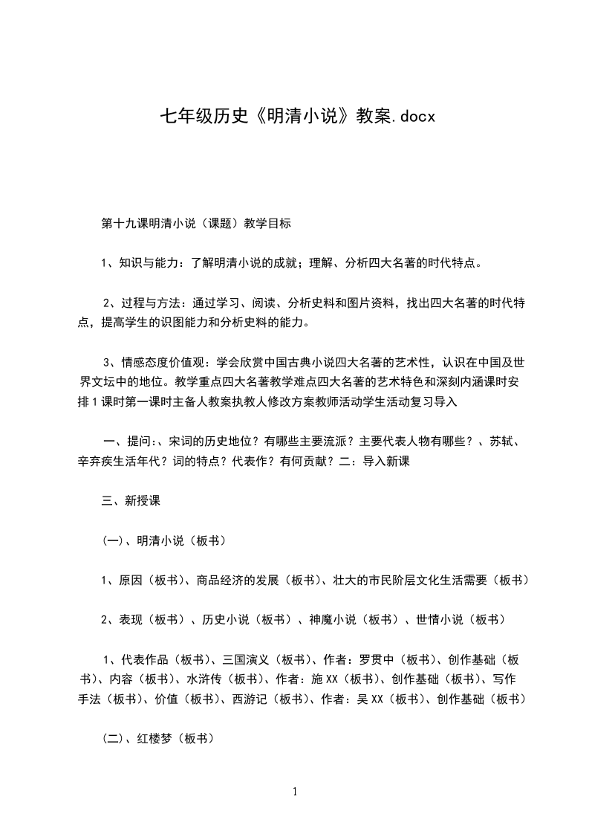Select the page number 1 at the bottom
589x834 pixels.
point(295,792)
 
